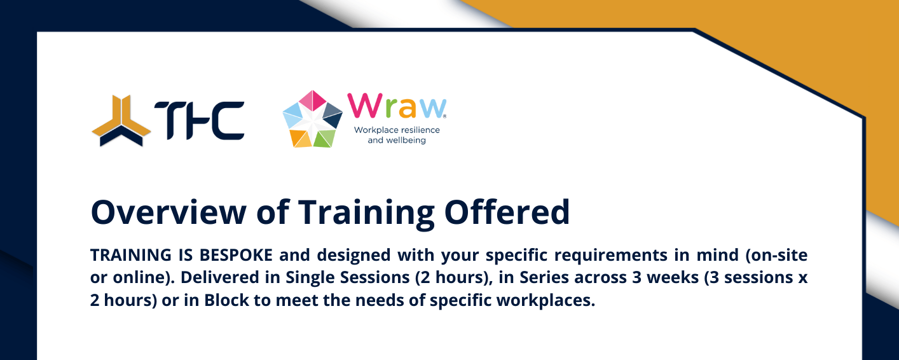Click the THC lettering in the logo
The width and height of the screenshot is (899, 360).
200,121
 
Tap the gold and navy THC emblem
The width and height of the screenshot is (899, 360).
121,121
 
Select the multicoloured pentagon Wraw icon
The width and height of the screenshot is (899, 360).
313,119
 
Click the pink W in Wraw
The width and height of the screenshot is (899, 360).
365,106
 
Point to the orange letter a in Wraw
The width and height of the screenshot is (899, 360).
408,108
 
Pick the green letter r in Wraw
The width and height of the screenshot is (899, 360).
391,108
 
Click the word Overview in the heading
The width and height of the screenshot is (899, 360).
168,212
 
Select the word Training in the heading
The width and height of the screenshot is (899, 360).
366,214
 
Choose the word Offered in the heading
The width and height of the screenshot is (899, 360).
507,212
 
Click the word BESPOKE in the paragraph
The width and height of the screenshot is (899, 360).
236,255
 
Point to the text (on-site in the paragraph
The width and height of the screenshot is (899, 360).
776,255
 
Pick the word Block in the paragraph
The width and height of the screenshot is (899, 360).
226,300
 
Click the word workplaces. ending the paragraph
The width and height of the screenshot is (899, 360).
546,301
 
